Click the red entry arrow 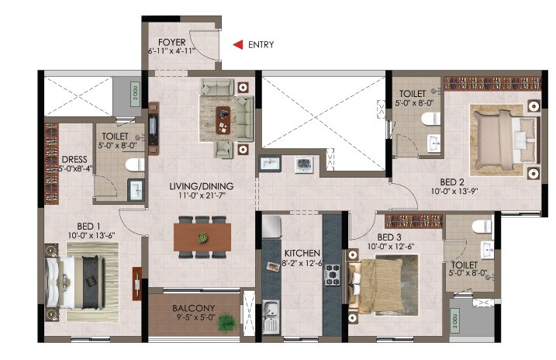pyautogui.click(x=239, y=45)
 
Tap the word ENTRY pyautogui.click(x=261, y=45)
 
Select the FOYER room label pyautogui.click(x=171, y=42)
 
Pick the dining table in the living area pyautogui.click(x=202, y=237)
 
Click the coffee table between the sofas pyautogui.click(x=226, y=116)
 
